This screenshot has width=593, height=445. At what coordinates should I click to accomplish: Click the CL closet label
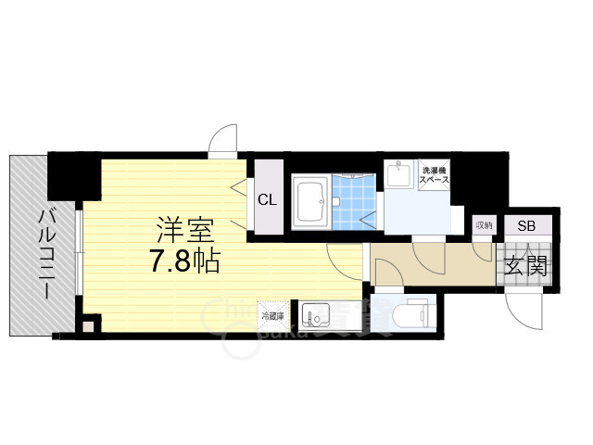267,198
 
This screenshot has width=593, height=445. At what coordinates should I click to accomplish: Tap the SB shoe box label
525,226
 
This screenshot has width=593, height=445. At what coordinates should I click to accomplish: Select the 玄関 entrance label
525,265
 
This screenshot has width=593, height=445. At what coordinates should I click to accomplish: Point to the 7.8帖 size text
185,262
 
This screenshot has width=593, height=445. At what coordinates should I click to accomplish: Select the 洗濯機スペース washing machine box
435,175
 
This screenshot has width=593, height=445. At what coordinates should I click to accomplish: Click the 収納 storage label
484,225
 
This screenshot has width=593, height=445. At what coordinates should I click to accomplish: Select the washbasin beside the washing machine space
399,174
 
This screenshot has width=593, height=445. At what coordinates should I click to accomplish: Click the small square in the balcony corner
88,325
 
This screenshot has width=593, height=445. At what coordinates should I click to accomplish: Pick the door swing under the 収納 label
481,248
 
